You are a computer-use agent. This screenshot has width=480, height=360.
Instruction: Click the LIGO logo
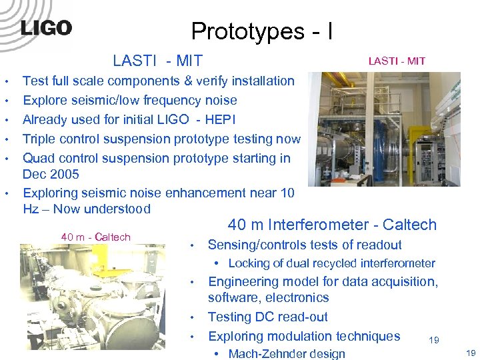[45, 28]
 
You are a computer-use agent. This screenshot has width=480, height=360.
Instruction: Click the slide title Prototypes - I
[262, 31]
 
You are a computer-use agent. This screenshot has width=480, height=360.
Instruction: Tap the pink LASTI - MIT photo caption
[397, 61]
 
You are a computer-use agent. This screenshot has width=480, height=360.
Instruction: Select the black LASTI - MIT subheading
[157, 61]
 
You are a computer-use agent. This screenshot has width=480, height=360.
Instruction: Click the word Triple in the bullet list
[40, 139]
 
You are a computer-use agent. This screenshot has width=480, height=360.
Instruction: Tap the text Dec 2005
[51, 175]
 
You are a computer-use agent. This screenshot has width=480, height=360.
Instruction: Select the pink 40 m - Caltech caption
[95, 237]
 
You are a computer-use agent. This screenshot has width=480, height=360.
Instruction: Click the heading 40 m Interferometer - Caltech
[332, 225]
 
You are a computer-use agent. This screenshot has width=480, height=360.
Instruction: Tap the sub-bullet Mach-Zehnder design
[287, 354]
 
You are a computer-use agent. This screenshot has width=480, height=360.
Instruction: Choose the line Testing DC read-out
[268, 317]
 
